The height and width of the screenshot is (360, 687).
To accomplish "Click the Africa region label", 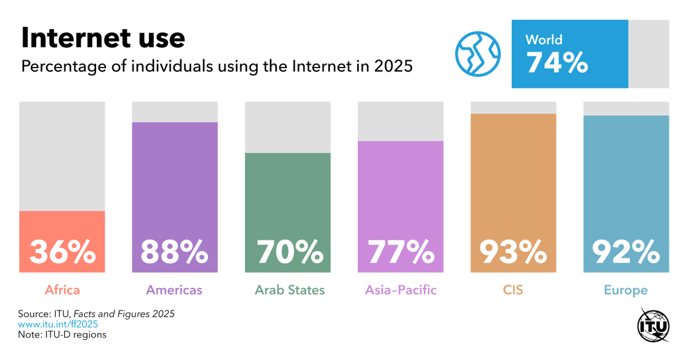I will click(62, 290).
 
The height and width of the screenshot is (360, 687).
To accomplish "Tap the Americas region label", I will click(175, 290).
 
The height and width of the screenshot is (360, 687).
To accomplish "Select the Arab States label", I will click(290, 290).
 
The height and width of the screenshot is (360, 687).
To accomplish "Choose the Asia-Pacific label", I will click(401, 290).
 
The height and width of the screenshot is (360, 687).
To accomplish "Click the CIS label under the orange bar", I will click(513, 290).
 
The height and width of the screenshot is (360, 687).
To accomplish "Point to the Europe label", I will click(626, 290).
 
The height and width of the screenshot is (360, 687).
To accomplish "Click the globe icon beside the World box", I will click(477, 54).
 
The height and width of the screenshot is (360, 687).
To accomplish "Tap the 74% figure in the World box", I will click(556, 62).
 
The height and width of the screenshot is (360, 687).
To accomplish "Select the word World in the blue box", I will click(544, 39).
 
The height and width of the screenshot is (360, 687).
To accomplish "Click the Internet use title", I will click(103, 38).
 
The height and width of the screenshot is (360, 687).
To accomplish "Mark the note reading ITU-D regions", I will click(62, 335).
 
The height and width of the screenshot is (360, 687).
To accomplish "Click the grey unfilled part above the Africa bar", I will click(62, 156).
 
